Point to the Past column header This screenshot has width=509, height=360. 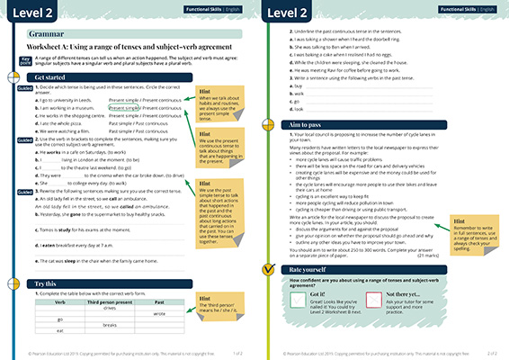159,301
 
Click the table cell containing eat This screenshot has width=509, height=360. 58,329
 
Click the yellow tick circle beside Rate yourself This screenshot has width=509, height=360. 267,269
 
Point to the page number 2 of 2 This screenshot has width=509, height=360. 494,354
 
